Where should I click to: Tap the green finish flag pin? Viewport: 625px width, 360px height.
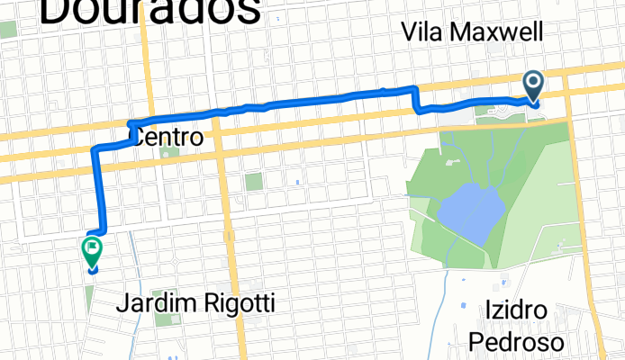(x=92, y=251)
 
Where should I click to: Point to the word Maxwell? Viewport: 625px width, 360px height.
(x=500, y=33)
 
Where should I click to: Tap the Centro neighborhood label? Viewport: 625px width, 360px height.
(x=168, y=139)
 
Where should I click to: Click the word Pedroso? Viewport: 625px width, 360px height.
(x=516, y=341)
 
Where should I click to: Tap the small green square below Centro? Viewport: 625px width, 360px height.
(x=167, y=152)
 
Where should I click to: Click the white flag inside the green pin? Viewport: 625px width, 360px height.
(x=92, y=247)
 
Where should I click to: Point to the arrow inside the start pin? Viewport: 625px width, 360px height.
(x=533, y=84)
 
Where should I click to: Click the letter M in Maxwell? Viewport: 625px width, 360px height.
(x=466, y=33)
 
